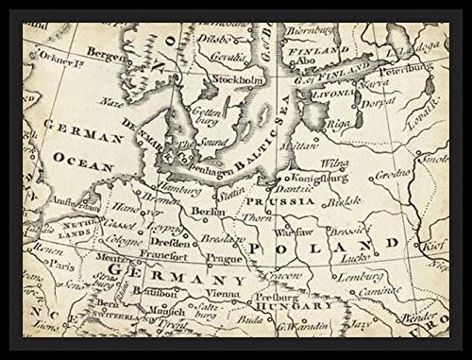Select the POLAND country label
[336, 247]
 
